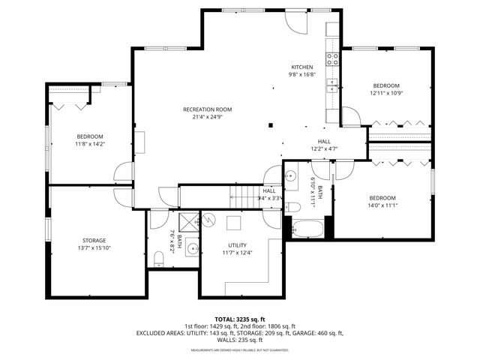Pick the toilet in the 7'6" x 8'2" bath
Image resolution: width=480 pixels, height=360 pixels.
click(x=158, y=259)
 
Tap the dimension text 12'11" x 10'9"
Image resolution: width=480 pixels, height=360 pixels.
click(x=386, y=94)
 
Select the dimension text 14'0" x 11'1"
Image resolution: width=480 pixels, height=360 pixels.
click(x=382, y=205)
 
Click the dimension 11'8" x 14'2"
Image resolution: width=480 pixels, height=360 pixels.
click(x=90, y=144)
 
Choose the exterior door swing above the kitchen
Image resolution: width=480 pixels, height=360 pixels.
click(x=298, y=22)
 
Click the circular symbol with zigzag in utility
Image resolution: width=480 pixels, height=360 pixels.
click(x=210, y=220)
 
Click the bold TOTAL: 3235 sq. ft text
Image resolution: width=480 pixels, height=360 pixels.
click(x=239, y=319)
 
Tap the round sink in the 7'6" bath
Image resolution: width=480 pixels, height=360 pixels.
click(x=192, y=248)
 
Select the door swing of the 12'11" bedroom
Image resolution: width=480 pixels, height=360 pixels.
click(x=350, y=116)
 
